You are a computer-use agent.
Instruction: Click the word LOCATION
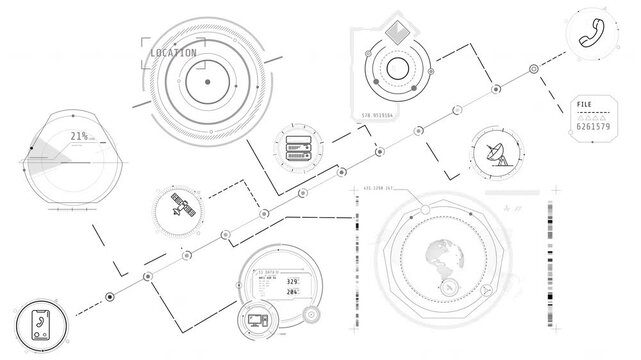[172, 52]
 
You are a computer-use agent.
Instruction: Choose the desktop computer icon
[253, 322]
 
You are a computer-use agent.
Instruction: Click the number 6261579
[595, 127]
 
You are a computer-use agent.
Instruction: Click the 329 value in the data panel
[293, 283]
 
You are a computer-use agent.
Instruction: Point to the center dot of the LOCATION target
[206, 79]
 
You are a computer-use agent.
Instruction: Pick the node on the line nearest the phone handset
[533, 68]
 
